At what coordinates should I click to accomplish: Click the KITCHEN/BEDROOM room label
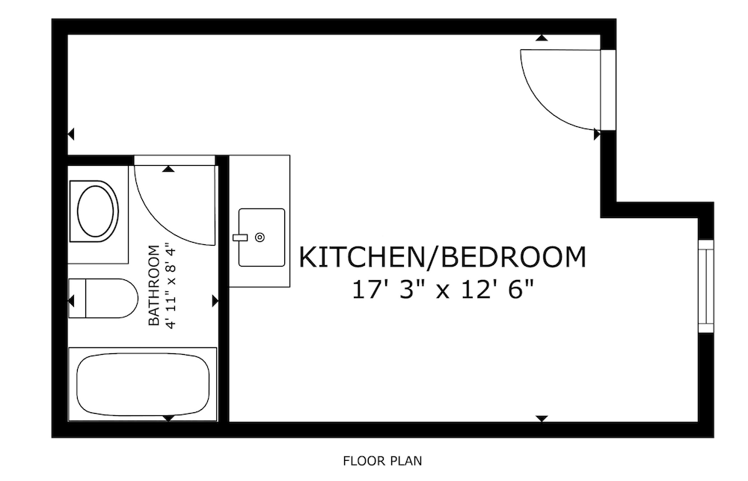(x=442, y=257)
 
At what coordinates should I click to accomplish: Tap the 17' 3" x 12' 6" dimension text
(x=442, y=290)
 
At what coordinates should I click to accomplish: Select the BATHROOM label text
(x=153, y=285)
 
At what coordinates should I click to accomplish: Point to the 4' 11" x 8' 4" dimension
(x=171, y=285)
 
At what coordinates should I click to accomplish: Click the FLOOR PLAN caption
(x=382, y=461)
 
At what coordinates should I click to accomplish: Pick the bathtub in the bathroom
(x=143, y=384)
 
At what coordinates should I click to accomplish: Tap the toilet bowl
(x=111, y=298)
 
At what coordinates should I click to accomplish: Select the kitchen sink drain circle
(x=260, y=238)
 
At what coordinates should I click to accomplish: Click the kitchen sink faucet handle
(x=240, y=238)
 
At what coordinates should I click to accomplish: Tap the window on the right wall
(x=706, y=286)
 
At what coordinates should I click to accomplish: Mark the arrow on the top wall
(x=542, y=37)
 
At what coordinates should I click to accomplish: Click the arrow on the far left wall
(x=71, y=134)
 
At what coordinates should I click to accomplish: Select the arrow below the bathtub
(x=168, y=418)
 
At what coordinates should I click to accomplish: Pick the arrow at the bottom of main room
(x=542, y=418)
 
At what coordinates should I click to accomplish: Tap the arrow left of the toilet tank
(x=72, y=301)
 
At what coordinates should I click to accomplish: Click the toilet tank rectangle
(x=77, y=298)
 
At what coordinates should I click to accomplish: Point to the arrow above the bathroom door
(x=168, y=169)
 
